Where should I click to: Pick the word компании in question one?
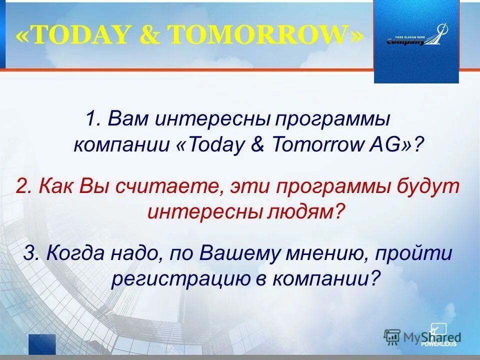pyautogui.click(x=121, y=145)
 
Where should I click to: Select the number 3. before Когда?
pyautogui.click(x=31, y=253)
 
